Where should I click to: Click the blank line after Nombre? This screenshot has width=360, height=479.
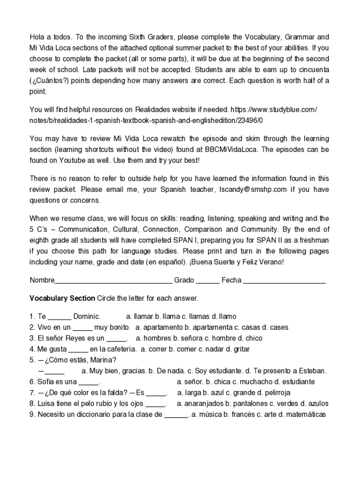click(x=114, y=281)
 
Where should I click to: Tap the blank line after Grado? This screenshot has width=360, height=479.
click(x=208, y=281)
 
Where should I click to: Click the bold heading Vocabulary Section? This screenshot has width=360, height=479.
click(x=62, y=298)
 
